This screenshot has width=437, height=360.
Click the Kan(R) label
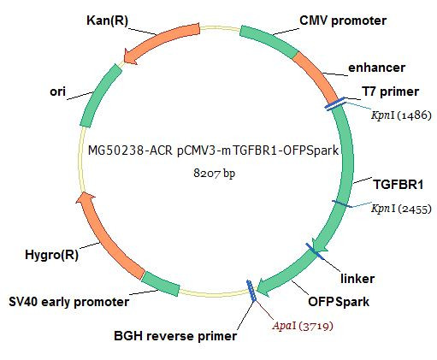[107, 21]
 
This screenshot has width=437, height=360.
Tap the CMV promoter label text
[343, 21]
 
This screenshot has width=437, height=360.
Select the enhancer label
[376, 68]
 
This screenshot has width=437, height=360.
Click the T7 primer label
[390, 91]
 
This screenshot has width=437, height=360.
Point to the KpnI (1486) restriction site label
[401, 115]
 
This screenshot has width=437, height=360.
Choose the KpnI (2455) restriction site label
[401, 209]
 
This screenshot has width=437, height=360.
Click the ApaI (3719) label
[303, 326]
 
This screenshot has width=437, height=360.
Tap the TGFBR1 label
[399, 185]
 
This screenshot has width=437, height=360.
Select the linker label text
[357, 279]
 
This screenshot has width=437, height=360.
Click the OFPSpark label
[339, 302]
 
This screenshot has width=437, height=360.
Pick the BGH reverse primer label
[175, 336]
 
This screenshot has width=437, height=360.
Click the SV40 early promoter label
[69, 302]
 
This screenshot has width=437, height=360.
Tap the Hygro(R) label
[51, 255]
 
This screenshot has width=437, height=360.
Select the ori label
[57, 91]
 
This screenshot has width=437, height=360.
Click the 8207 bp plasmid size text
[215, 173]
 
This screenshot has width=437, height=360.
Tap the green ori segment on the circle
[98, 95]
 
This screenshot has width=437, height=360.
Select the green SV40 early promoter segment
[161, 284]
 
